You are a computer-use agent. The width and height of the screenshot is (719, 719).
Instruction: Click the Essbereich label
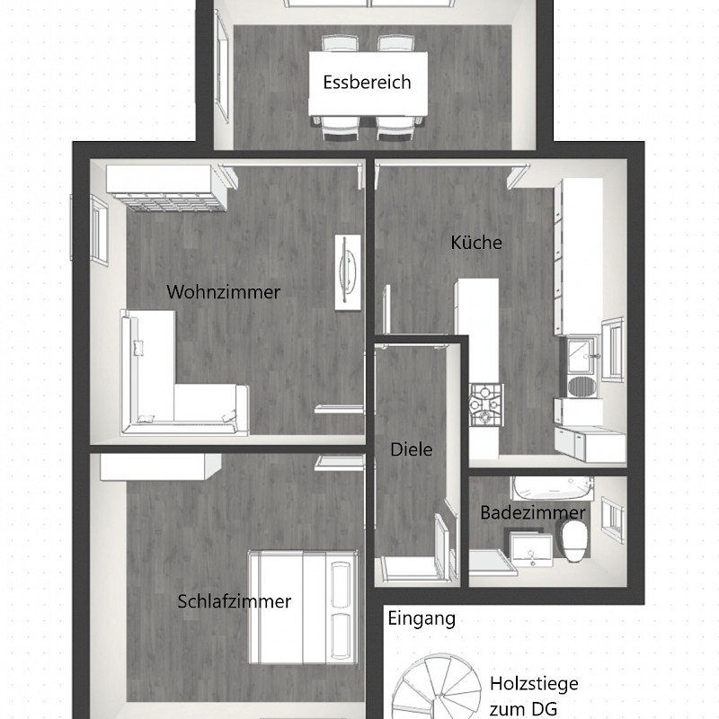367,83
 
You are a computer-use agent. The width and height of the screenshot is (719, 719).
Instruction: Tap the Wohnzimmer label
223,292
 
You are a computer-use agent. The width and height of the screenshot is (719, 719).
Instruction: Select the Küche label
476,242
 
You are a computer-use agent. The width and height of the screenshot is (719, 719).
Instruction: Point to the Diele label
412,449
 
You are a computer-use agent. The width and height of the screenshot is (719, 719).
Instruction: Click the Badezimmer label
533,512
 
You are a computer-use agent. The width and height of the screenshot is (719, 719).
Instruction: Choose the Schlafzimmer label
235,601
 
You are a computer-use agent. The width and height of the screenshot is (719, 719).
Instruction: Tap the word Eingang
422,618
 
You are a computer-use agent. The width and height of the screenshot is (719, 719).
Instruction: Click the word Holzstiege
534,684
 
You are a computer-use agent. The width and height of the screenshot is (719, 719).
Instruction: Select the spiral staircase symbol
437,688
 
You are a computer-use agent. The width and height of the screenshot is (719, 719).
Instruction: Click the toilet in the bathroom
574,541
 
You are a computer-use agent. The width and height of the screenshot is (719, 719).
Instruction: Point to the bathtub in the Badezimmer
553,488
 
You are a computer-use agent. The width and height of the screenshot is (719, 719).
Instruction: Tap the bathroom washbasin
531,548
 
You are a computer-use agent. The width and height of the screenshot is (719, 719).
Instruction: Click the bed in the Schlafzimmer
303,608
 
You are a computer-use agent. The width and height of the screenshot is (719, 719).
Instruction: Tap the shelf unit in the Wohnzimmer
167,188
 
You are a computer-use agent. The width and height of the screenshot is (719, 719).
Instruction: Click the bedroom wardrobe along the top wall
161,466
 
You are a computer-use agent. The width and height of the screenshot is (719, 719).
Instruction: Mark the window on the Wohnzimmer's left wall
99,230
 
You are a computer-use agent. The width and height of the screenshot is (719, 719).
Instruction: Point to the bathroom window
613,520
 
